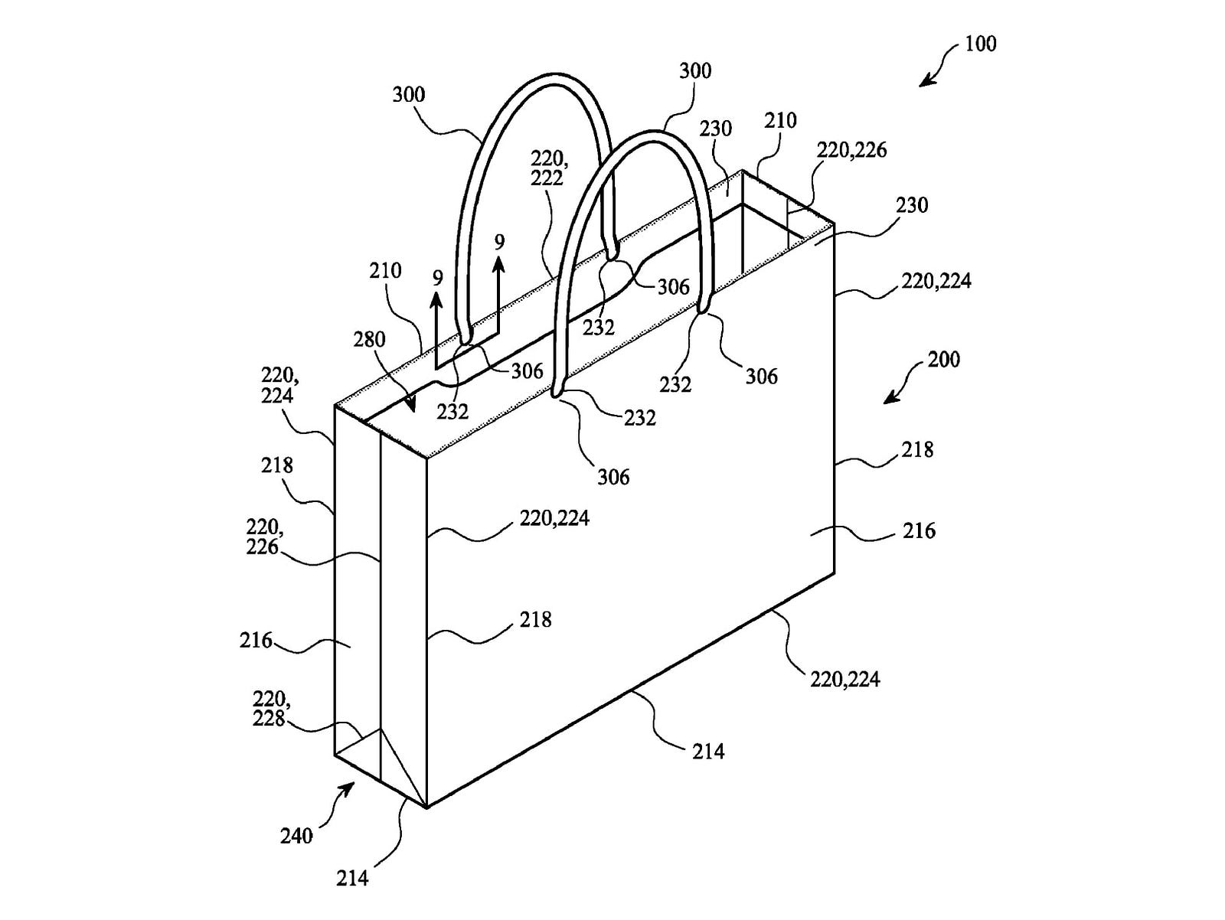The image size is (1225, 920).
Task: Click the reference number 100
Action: click(981, 44)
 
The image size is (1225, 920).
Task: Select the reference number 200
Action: click(944, 359)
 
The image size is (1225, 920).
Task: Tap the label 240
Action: click(297, 836)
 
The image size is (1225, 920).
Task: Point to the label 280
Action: click(370, 339)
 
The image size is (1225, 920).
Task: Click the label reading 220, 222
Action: click(549, 168)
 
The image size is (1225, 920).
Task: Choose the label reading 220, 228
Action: click(270, 709)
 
